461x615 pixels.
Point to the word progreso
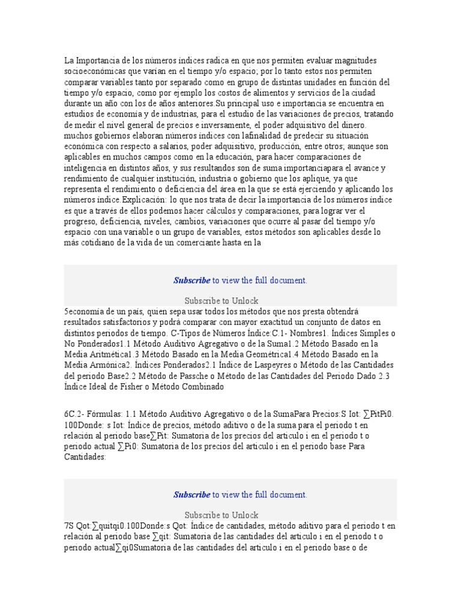point(82,221)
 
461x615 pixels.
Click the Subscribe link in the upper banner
point(192,280)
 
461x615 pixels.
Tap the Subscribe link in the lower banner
point(192,495)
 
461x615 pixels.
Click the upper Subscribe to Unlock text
point(221,300)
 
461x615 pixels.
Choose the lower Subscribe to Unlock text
point(221,515)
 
